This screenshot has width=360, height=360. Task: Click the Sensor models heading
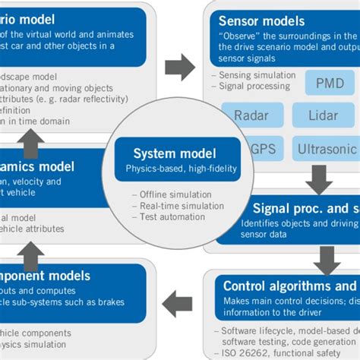pyautogui.click(x=261, y=21)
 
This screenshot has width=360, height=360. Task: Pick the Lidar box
pyautogui.click(x=324, y=115)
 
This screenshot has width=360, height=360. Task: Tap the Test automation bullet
pyautogui.click(x=172, y=217)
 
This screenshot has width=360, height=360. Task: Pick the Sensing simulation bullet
pyautogui.click(x=257, y=75)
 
